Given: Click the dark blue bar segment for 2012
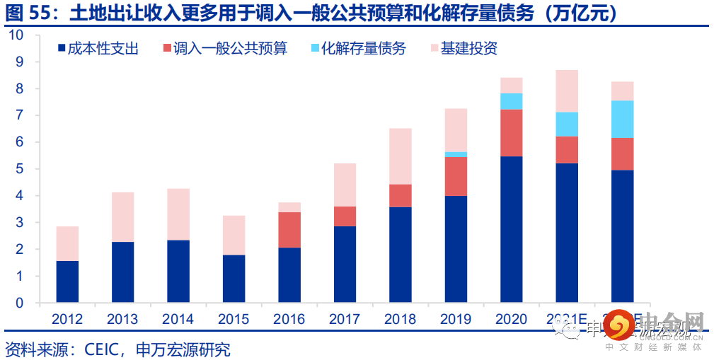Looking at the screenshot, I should click(67, 281).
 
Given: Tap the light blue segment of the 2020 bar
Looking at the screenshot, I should click(511, 101).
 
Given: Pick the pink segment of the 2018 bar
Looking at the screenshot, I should click(401, 156).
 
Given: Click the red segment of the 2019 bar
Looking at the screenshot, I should click(456, 176).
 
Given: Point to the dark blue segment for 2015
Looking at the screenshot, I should click(234, 279).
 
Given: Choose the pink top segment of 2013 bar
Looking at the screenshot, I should click(122, 217).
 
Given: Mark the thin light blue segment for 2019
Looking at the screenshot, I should click(456, 154).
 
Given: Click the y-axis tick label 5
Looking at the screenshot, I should click(20, 169).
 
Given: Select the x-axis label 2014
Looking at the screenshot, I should click(178, 319).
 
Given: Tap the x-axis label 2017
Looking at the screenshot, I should click(345, 319).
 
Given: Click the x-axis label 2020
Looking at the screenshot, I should click(511, 319).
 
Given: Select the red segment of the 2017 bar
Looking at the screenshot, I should click(345, 216).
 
